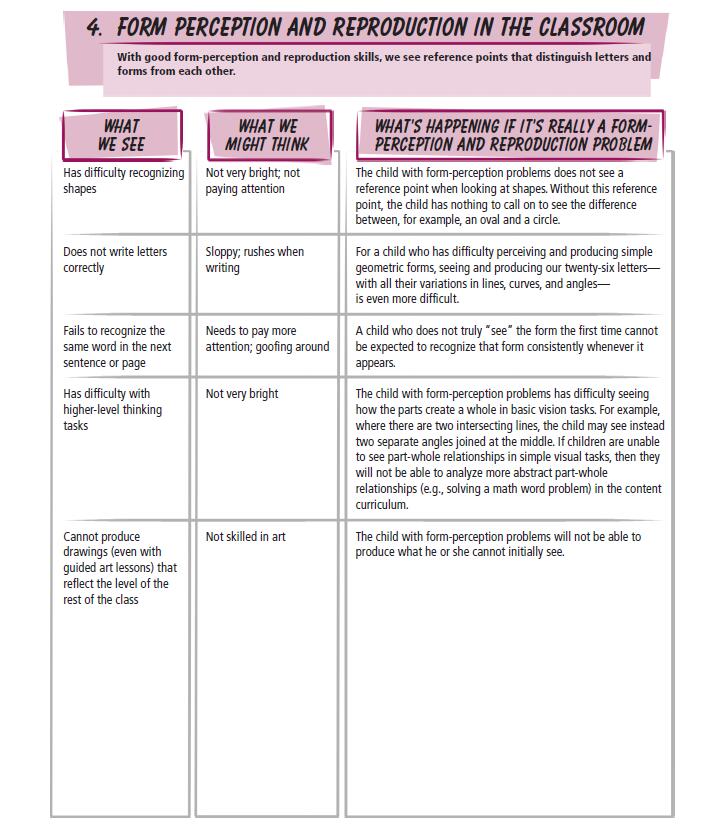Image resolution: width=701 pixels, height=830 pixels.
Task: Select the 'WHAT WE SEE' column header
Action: pyautogui.click(x=121, y=135)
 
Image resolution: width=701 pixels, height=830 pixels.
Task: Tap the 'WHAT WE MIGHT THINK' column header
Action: pyautogui.click(x=267, y=135)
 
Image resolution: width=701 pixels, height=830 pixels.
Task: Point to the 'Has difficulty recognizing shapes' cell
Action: pyautogui.click(x=123, y=181)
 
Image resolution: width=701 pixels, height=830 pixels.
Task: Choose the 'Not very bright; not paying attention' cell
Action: pyautogui.click(x=252, y=181)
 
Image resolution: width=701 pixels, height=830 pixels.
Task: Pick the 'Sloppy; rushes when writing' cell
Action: pyautogui.click(x=254, y=260)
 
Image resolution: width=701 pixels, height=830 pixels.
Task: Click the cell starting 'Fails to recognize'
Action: pyautogui.click(x=114, y=346)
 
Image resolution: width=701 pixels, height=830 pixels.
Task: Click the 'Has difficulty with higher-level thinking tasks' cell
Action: pyautogui.click(x=112, y=409)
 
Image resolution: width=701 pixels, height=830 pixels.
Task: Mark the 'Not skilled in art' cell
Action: pyautogui.click(x=245, y=537)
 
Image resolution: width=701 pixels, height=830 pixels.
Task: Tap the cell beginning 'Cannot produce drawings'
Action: pyautogui.click(x=115, y=568)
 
